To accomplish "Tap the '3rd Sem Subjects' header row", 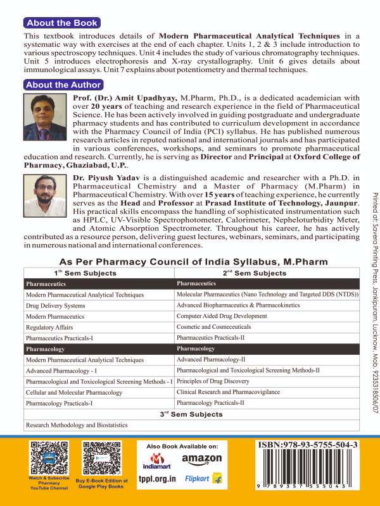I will coord(191,414).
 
